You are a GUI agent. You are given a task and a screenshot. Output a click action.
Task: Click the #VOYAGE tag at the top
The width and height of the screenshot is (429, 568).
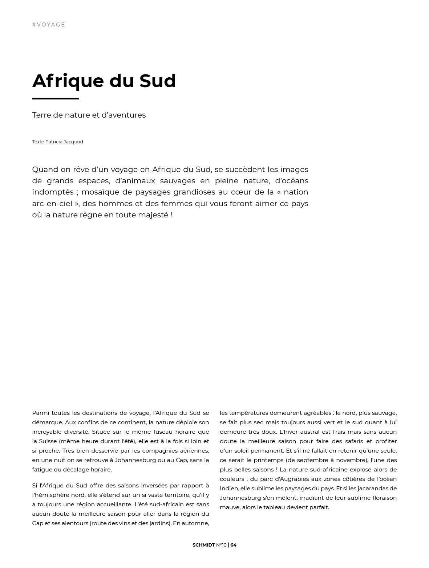pyautogui.click(x=48, y=25)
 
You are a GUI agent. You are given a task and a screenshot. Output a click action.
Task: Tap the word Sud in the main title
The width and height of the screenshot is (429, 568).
pyautogui.click(x=158, y=81)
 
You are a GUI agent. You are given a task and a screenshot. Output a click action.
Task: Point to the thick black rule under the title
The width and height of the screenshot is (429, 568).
pyautogui.click(x=56, y=98)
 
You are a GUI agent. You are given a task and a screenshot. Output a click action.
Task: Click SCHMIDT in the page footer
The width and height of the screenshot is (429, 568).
pyautogui.click(x=203, y=545)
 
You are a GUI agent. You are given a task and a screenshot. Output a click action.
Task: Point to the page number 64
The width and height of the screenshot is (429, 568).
pyautogui.click(x=234, y=545)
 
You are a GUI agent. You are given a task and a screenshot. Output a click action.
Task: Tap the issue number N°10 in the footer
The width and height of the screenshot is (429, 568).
pyautogui.click(x=221, y=545)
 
